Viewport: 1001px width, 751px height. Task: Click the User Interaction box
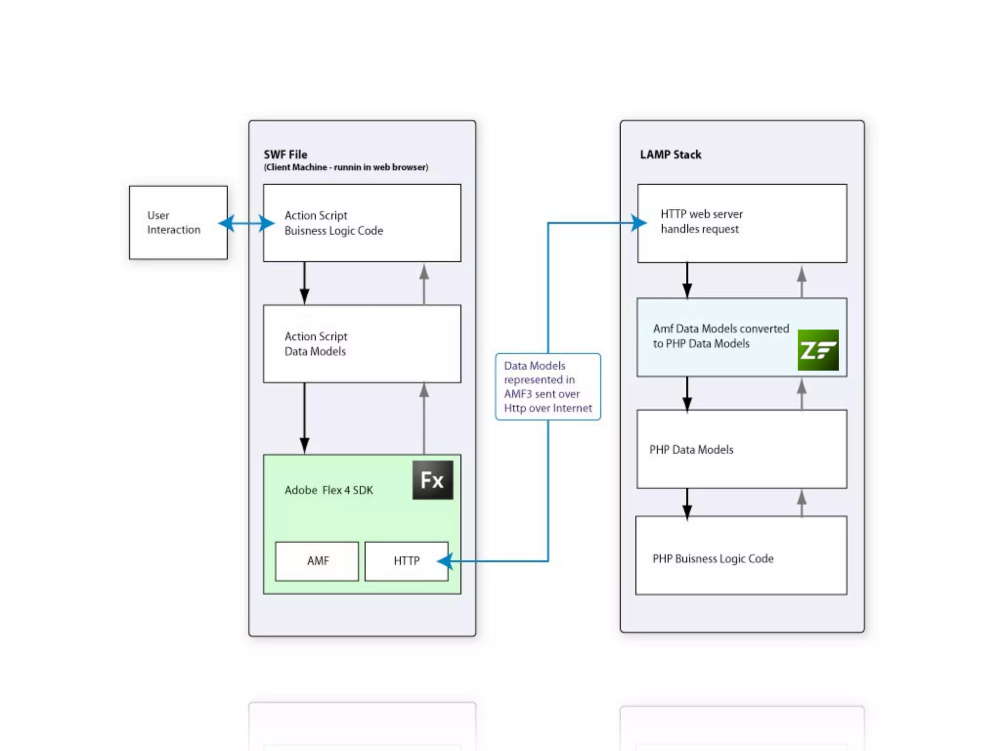pyautogui.click(x=178, y=222)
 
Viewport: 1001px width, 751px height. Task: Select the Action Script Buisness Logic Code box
pyautogui.click(x=362, y=223)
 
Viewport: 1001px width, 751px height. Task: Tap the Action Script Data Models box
pyautogui.click(x=362, y=344)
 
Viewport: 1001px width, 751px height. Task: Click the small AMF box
pyautogui.click(x=317, y=561)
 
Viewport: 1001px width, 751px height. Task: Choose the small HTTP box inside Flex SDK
pyautogui.click(x=406, y=561)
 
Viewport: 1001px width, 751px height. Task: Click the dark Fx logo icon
pyautogui.click(x=433, y=480)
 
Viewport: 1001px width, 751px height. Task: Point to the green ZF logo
pyautogui.click(x=818, y=350)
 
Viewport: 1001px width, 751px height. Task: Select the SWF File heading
pyautogui.click(x=285, y=155)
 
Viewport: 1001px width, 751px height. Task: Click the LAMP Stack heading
pyautogui.click(x=671, y=155)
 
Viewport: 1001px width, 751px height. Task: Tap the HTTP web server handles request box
pyautogui.click(x=742, y=223)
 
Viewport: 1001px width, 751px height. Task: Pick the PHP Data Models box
pyautogui.click(x=742, y=449)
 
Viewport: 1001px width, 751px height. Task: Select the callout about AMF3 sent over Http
pyautogui.click(x=548, y=387)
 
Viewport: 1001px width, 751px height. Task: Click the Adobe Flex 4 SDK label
pyautogui.click(x=328, y=490)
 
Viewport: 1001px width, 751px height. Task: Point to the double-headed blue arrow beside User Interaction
pyautogui.click(x=246, y=223)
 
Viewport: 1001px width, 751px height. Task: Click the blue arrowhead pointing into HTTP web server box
pyautogui.click(x=638, y=223)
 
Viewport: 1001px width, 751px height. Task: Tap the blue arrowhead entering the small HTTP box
pyautogui.click(x=445, y=561)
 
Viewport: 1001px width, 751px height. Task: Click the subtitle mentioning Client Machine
pyautogui.click(x=346, y=167)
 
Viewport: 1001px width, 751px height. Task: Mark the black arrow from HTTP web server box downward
pyautogui.click(x=687, y=281)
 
